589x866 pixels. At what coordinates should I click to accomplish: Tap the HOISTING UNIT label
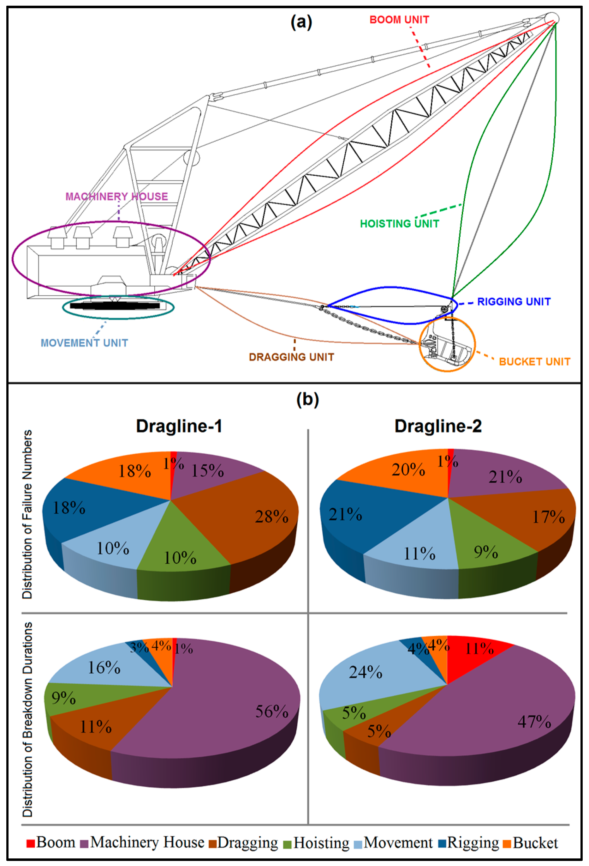click(400, 224)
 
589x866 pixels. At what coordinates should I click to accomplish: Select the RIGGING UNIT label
click(514, 301)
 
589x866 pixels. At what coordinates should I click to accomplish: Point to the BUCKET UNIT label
click(534, 361)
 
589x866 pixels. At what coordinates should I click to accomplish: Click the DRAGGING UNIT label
click(292, 357)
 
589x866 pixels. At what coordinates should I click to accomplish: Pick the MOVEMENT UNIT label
click(84, 343)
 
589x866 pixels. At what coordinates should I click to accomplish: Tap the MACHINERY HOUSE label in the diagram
click(116, 197)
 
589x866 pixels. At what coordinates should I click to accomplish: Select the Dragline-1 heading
click(179, 426)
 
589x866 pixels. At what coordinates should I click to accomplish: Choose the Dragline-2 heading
click(438, 426)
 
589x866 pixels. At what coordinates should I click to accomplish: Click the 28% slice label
click(271, 517)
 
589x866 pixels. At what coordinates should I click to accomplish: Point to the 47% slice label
click(534, 722)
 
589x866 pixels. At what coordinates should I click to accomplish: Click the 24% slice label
click(366, 673)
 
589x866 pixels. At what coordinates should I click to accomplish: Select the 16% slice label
click(104, 668)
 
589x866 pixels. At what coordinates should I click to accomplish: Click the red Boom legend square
click(31, 843)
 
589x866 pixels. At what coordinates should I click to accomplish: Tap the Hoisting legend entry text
click(321, 843)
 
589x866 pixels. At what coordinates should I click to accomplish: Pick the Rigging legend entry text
click(473, 843)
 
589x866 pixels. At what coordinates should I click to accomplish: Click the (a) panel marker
click(301, 22)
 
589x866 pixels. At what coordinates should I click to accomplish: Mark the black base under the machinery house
click(115, 306)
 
